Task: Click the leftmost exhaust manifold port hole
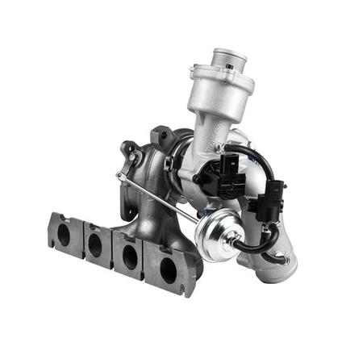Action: coord(64,234)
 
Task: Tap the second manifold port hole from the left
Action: coord(95,243)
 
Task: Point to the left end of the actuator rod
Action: coord(121,176)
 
